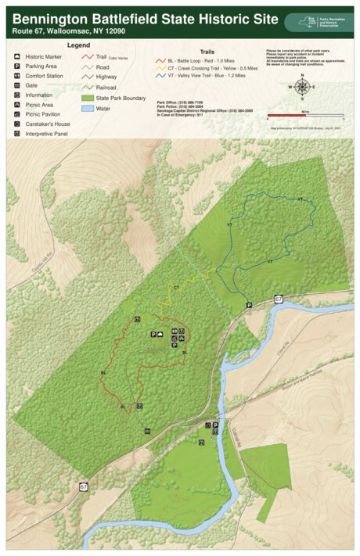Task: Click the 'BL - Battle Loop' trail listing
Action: (189, 60)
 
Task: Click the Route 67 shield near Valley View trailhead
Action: (279, 300)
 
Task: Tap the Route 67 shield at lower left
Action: (83, 486)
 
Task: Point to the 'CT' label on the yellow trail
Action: (176, 289)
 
